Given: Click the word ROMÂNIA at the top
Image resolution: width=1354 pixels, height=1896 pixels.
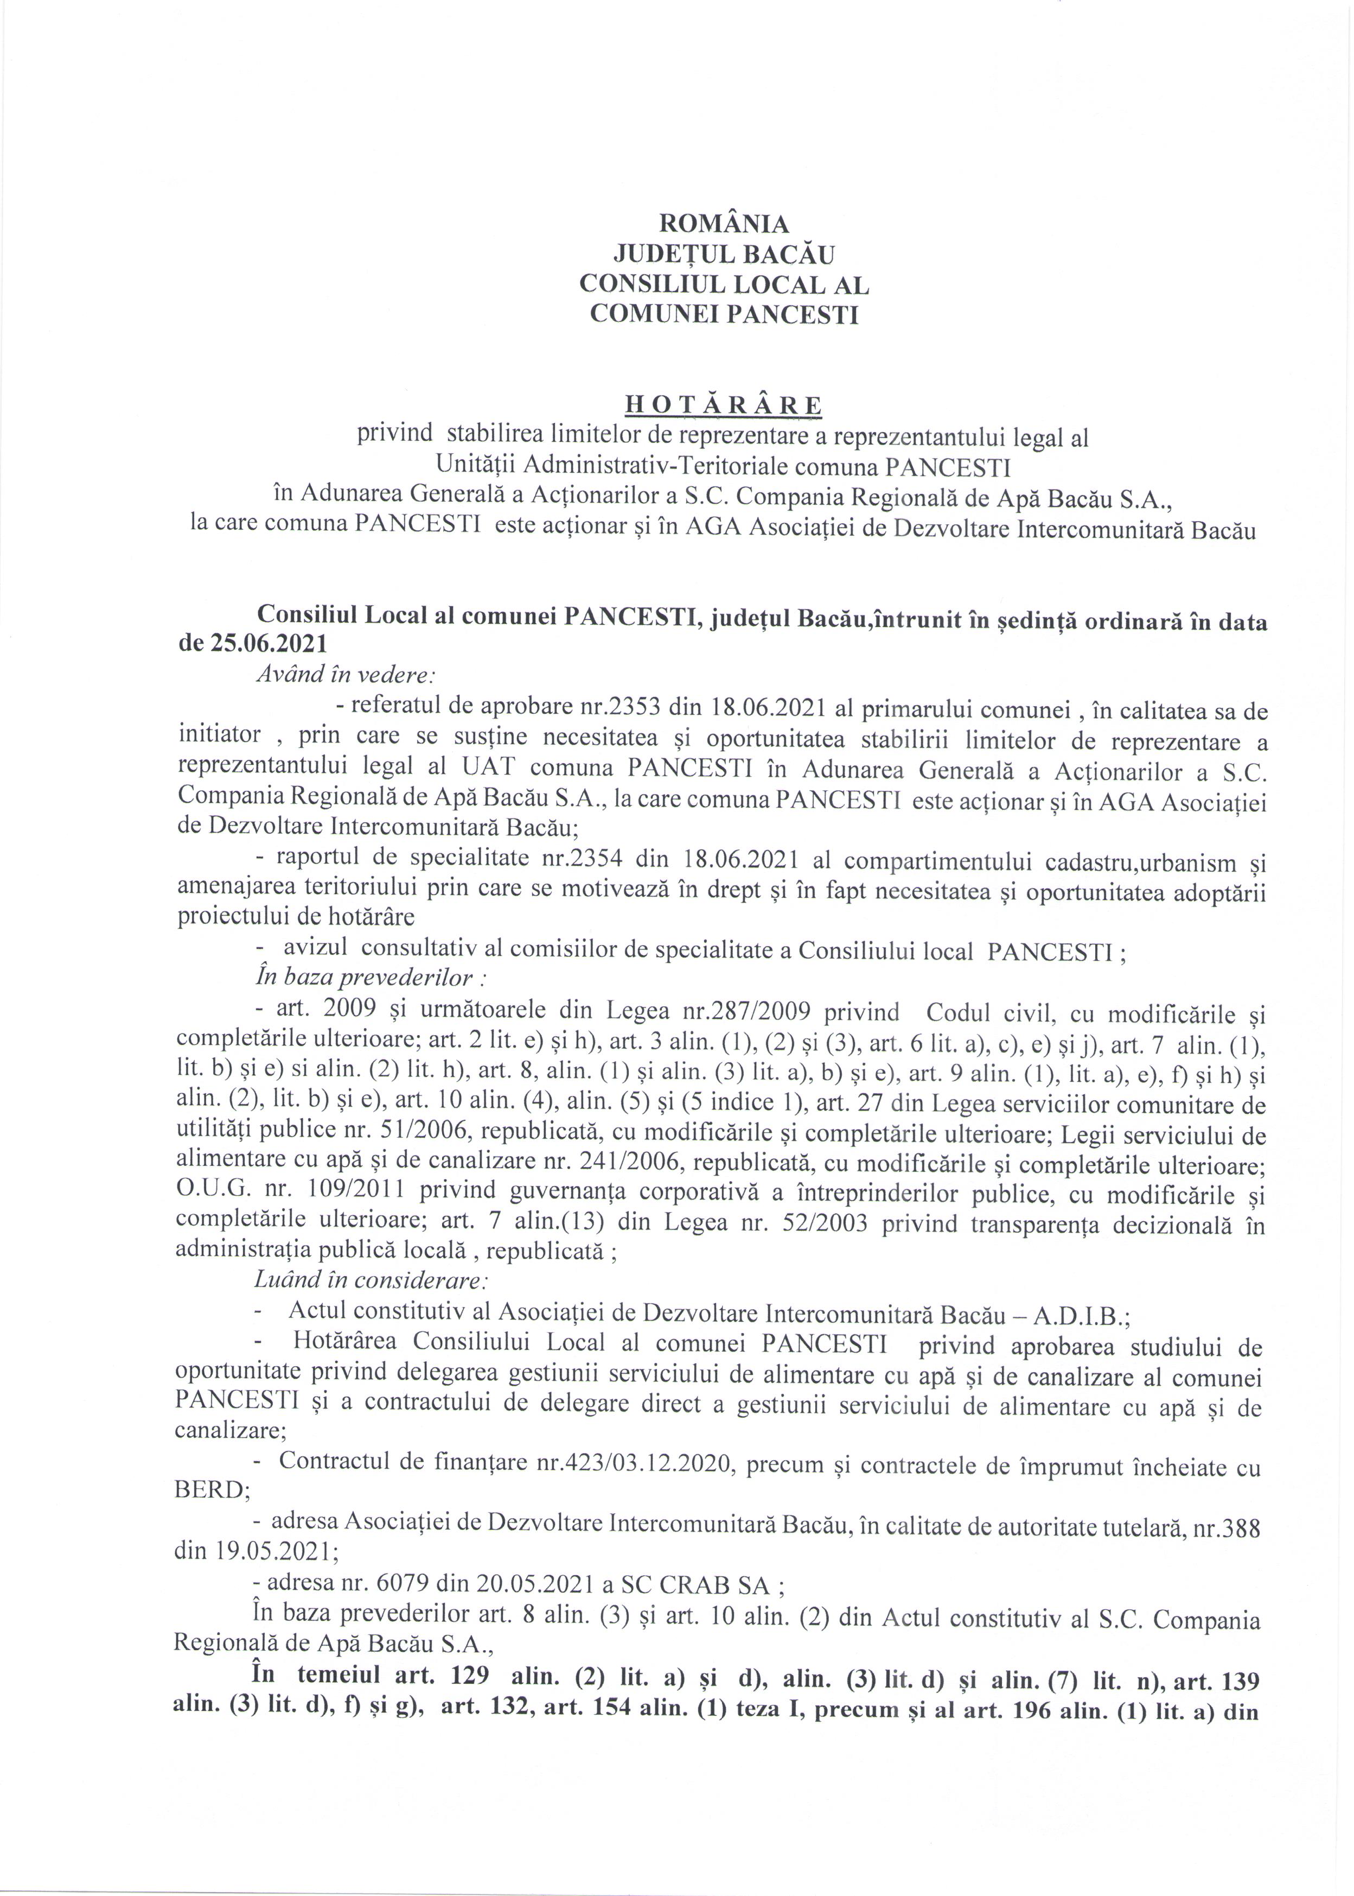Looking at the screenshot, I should coord(723,224).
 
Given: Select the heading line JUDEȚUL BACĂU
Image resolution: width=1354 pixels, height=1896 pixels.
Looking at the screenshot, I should coord(723,253).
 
